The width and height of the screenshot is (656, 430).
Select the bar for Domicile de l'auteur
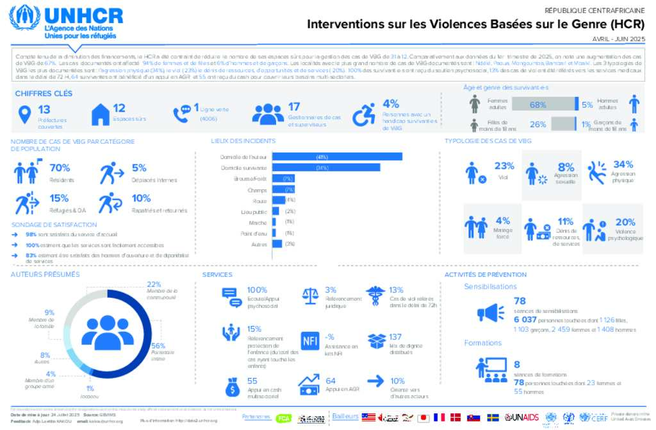click(x=337, y=157)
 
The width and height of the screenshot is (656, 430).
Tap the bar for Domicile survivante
click(x=326, y=168)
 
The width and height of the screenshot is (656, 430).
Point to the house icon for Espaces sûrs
click(x=101, y=115)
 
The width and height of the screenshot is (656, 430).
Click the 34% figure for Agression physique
click(x=623, y=164)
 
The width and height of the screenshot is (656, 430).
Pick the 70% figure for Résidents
click(x=60, y=168)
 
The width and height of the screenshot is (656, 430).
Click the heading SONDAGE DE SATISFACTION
click(x=54, y=225)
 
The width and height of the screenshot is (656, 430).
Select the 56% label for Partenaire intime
click(x=158, y=345)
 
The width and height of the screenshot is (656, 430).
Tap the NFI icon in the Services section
click(x=310, y=341)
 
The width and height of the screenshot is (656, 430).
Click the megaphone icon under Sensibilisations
click(x=487, y=313)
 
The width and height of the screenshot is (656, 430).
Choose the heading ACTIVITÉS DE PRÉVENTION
click(x=485, y=275)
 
